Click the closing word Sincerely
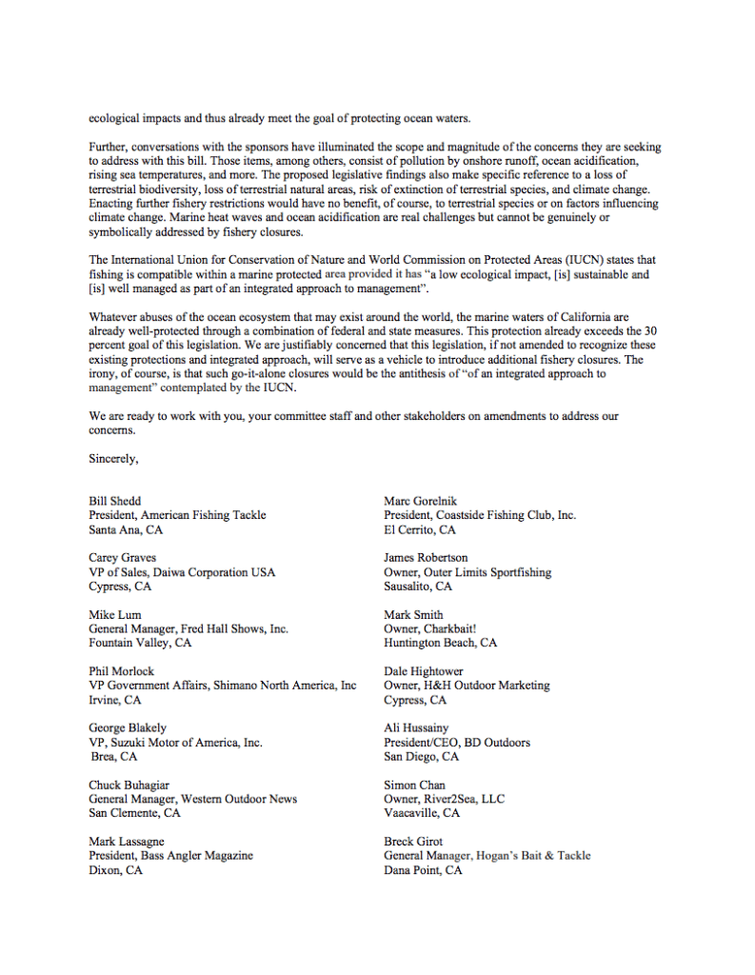(x=114, y=459)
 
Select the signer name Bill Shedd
(x=115, y=501)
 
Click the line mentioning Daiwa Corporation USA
(x=182, y=572)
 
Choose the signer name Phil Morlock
(x=122, y=671)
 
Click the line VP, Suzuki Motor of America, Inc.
(x=175, y=743)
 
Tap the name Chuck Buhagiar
(x=129, y=786)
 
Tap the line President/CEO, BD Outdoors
(x=457, y=743)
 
